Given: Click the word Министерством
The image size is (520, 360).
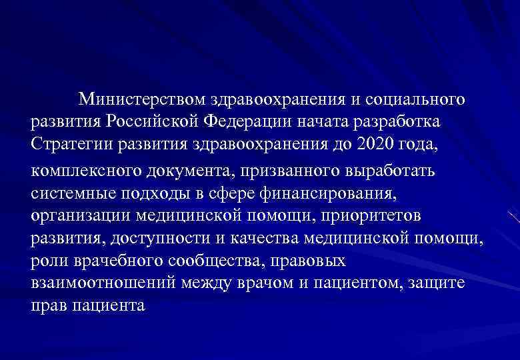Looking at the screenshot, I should [x=143, y=101].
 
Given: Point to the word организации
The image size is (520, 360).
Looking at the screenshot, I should [x=79, y=216].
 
